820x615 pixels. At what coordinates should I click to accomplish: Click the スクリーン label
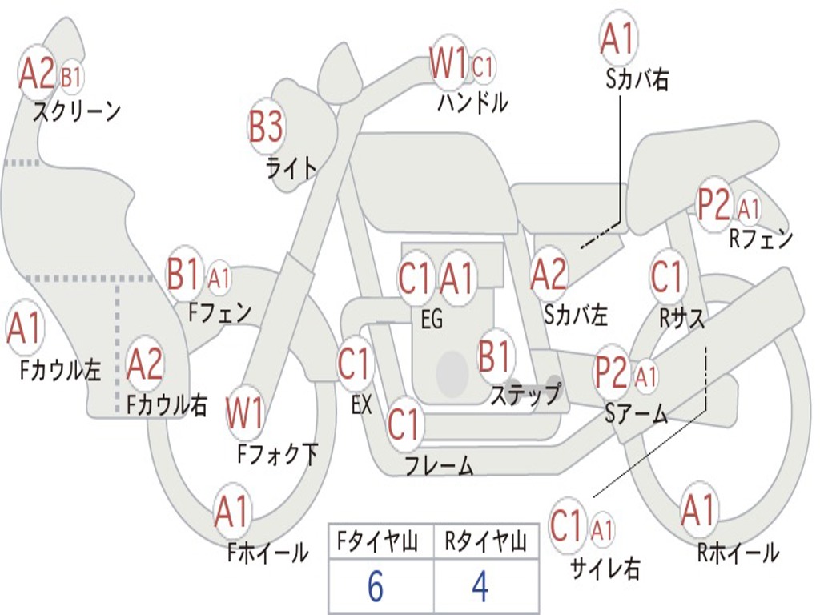[x=77, y=111]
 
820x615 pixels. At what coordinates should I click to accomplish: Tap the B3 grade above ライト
[x=266, y=126]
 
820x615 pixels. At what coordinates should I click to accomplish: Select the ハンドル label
[x=472, y=102]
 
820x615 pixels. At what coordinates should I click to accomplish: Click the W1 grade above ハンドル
[x=448, y=64]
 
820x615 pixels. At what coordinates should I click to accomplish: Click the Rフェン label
[x=761, y=238]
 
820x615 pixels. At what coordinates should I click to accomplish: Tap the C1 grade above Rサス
[x=666, y=277]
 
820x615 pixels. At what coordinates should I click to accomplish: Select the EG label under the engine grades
[x=432, y=320]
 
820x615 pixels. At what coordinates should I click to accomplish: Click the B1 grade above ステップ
[x=496, y=356]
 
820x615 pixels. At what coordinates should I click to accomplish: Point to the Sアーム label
[x=637, y=414]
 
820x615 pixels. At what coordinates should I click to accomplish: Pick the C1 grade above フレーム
[x=404, y=424]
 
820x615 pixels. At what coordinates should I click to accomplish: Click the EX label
[x=361, y=404]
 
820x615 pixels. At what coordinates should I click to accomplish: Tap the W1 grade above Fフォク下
[x=245, y=413]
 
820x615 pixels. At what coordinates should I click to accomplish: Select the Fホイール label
[x=267, y=552]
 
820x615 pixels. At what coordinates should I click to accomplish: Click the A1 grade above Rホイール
[x=697, y=510]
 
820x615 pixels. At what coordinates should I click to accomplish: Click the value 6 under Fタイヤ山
[x=375, y=586]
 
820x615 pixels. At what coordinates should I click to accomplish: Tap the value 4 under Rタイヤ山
[x=480, y=586]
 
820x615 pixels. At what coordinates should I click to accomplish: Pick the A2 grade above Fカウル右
[x=145, y=364]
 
